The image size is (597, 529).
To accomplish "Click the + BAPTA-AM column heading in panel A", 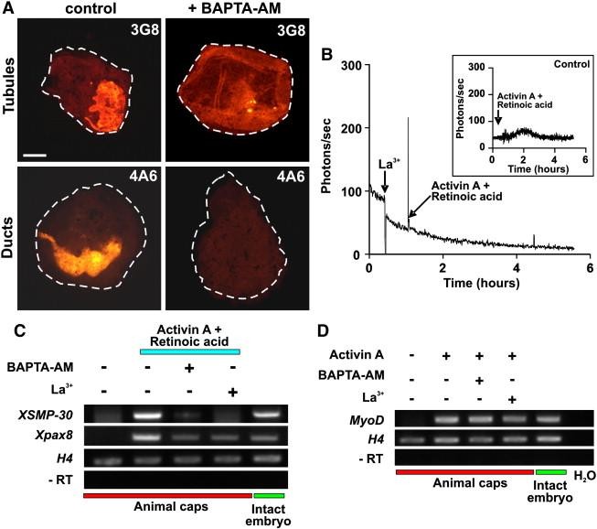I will (x=234, y=9).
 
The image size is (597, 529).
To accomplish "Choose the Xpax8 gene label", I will (x=54, y=436).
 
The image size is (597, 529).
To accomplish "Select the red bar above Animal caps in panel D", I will (x=464, y=471).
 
